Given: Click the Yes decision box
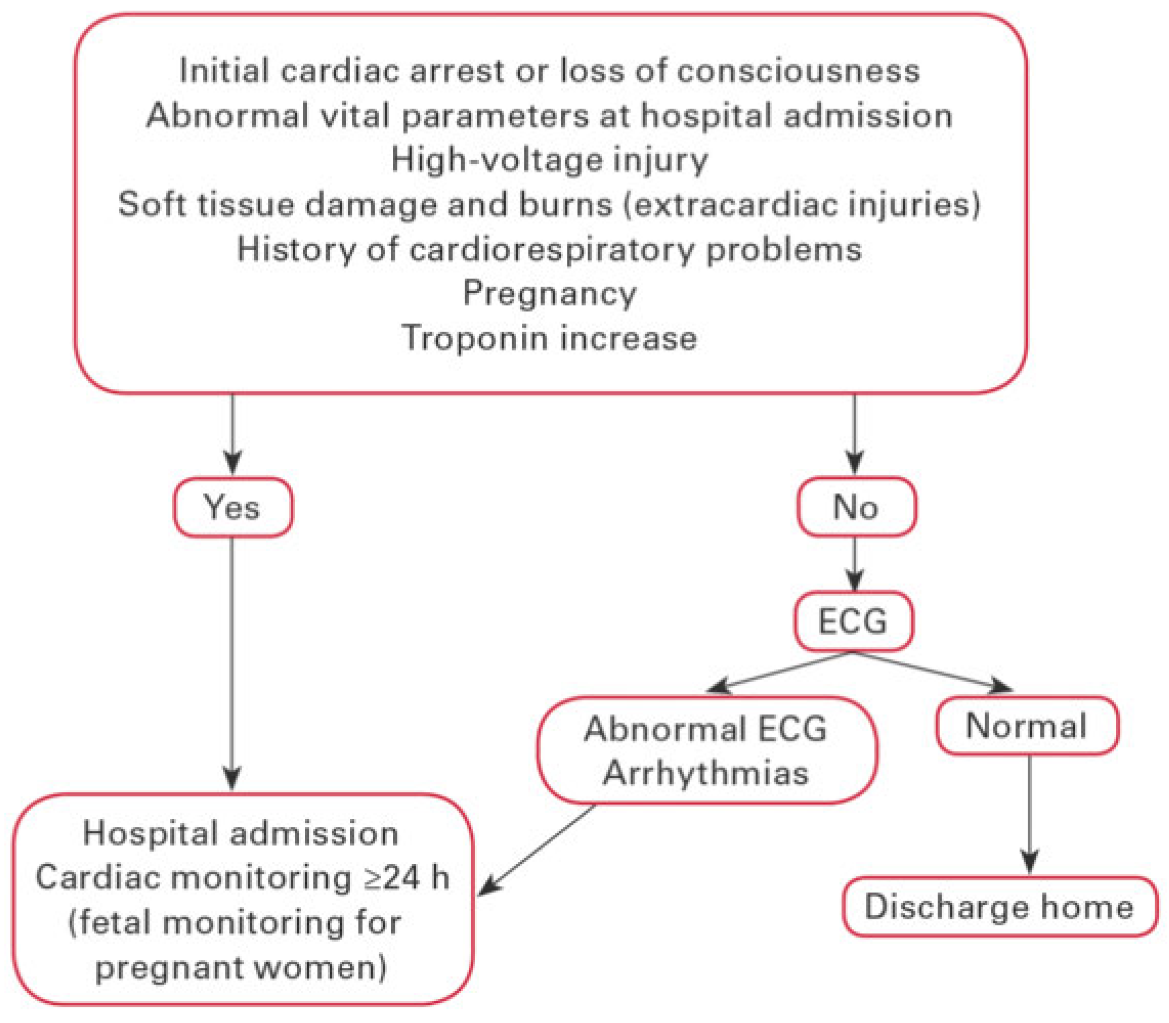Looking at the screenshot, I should click(x=233, y=507).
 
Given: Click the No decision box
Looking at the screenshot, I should click(x=856, y=506).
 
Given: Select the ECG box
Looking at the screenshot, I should click(x=853, y=621).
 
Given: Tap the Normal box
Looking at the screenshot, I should click(x=1026, y=726).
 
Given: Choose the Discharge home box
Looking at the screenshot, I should click(x=1000, y=906).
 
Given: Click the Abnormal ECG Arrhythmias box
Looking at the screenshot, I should click(x=707, y=750).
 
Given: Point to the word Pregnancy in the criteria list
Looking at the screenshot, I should click(x=549, y=293).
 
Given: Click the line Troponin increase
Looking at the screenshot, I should click(x=549, y=337).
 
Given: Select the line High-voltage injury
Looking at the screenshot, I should click(x=549, y=160).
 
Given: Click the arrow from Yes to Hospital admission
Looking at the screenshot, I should click(x=232, y=662).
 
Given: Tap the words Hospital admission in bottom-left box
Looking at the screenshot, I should click(x=241, y=834).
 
